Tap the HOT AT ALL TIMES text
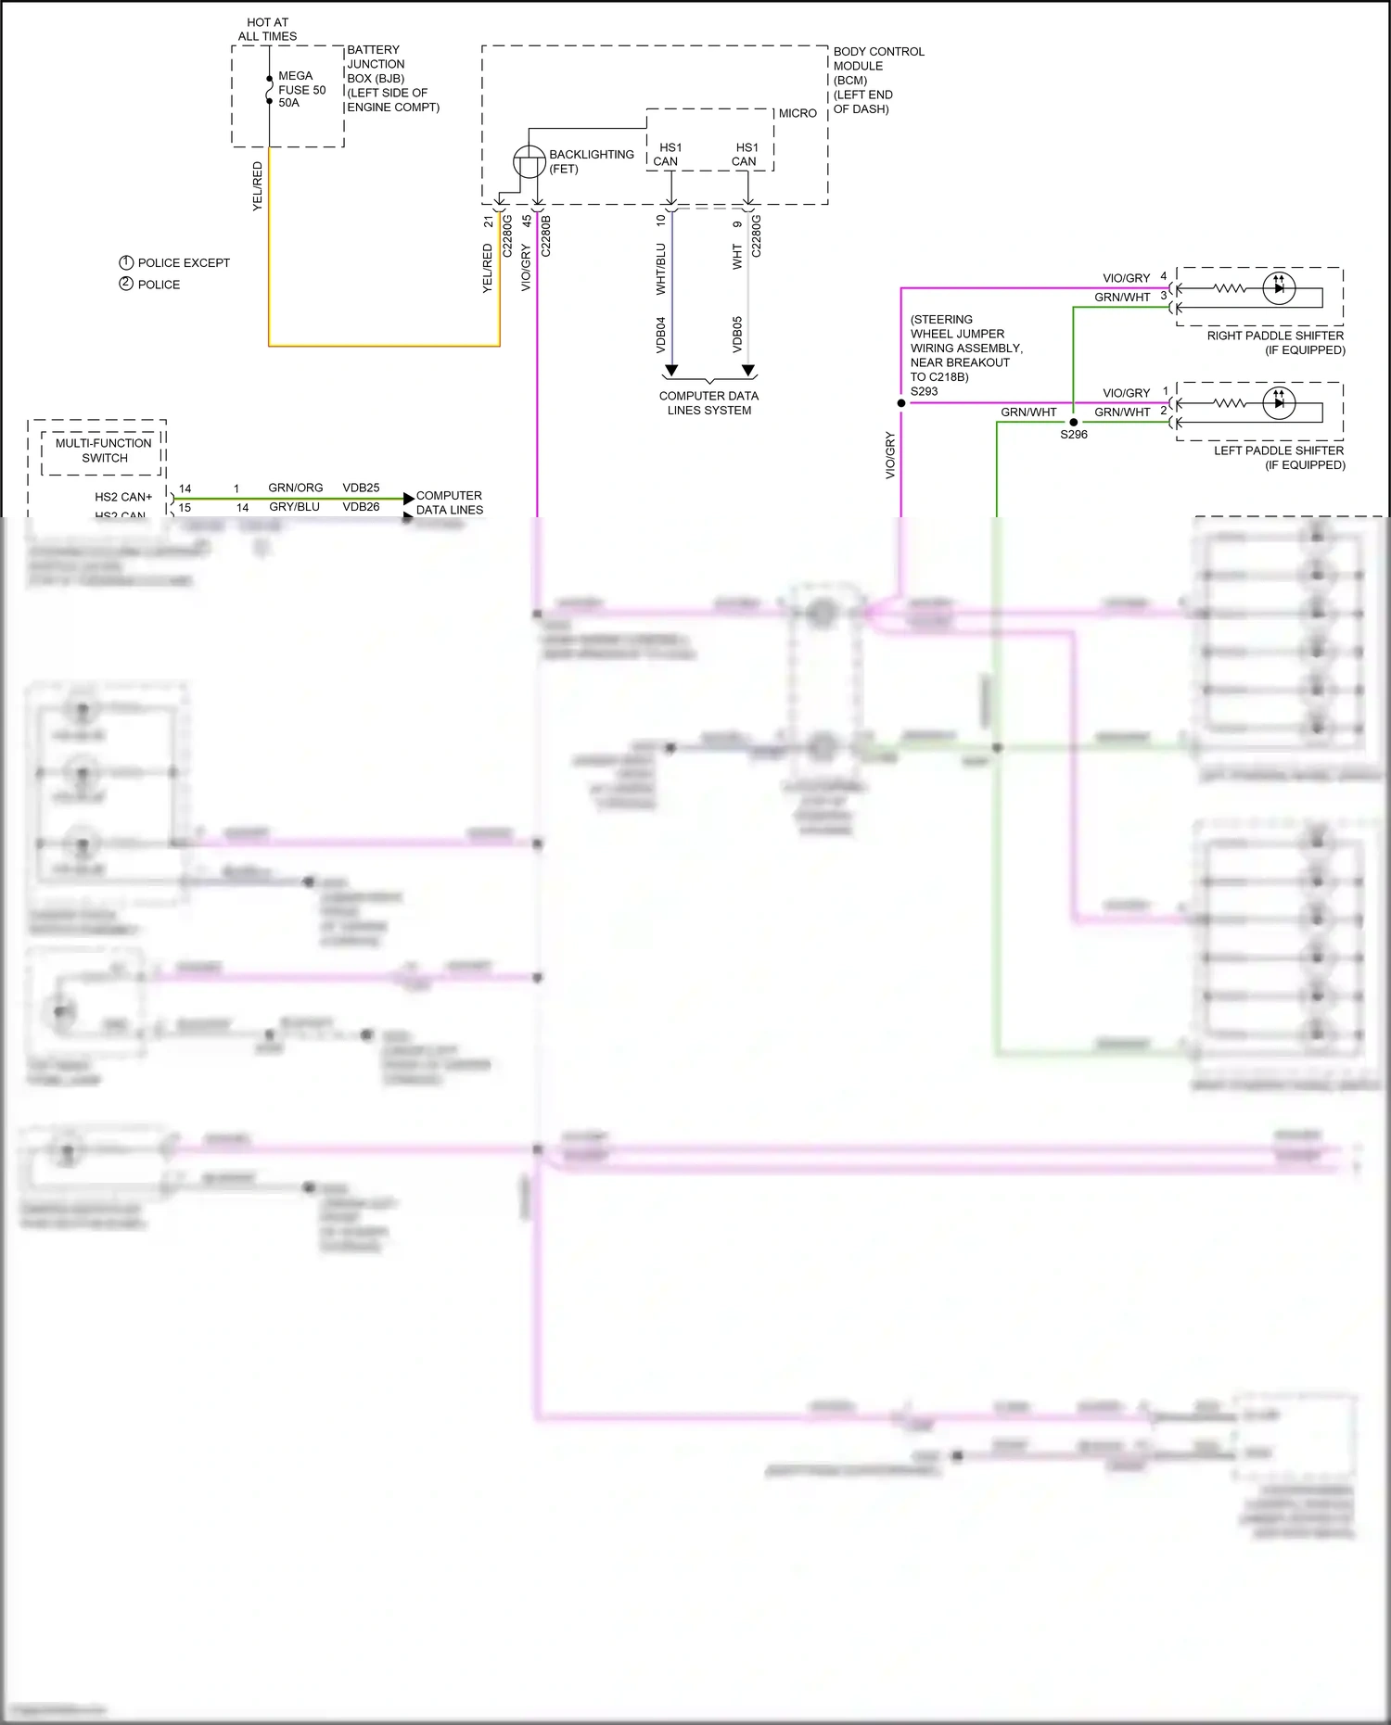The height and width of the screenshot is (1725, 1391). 267,30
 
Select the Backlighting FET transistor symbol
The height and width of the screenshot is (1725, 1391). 530,162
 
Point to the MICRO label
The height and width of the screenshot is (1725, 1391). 798,113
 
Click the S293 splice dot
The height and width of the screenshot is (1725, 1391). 901,403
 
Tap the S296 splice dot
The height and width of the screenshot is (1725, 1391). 1074,422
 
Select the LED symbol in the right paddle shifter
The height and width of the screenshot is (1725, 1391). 1279,288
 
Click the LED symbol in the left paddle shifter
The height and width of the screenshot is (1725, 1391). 1279,403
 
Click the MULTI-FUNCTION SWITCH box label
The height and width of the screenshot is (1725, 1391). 104,450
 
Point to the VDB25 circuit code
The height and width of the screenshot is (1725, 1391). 361,488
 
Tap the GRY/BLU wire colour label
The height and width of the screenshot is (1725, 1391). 294,507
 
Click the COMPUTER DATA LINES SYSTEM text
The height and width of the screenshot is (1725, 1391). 708,402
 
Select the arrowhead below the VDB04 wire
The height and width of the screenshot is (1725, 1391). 671,371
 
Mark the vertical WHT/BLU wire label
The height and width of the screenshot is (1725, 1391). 661,269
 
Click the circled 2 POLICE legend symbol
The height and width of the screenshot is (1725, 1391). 126,284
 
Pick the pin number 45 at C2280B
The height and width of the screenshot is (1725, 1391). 527,222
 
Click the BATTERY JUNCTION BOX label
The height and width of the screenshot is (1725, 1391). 392,78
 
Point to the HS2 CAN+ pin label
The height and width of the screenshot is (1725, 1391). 123,497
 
